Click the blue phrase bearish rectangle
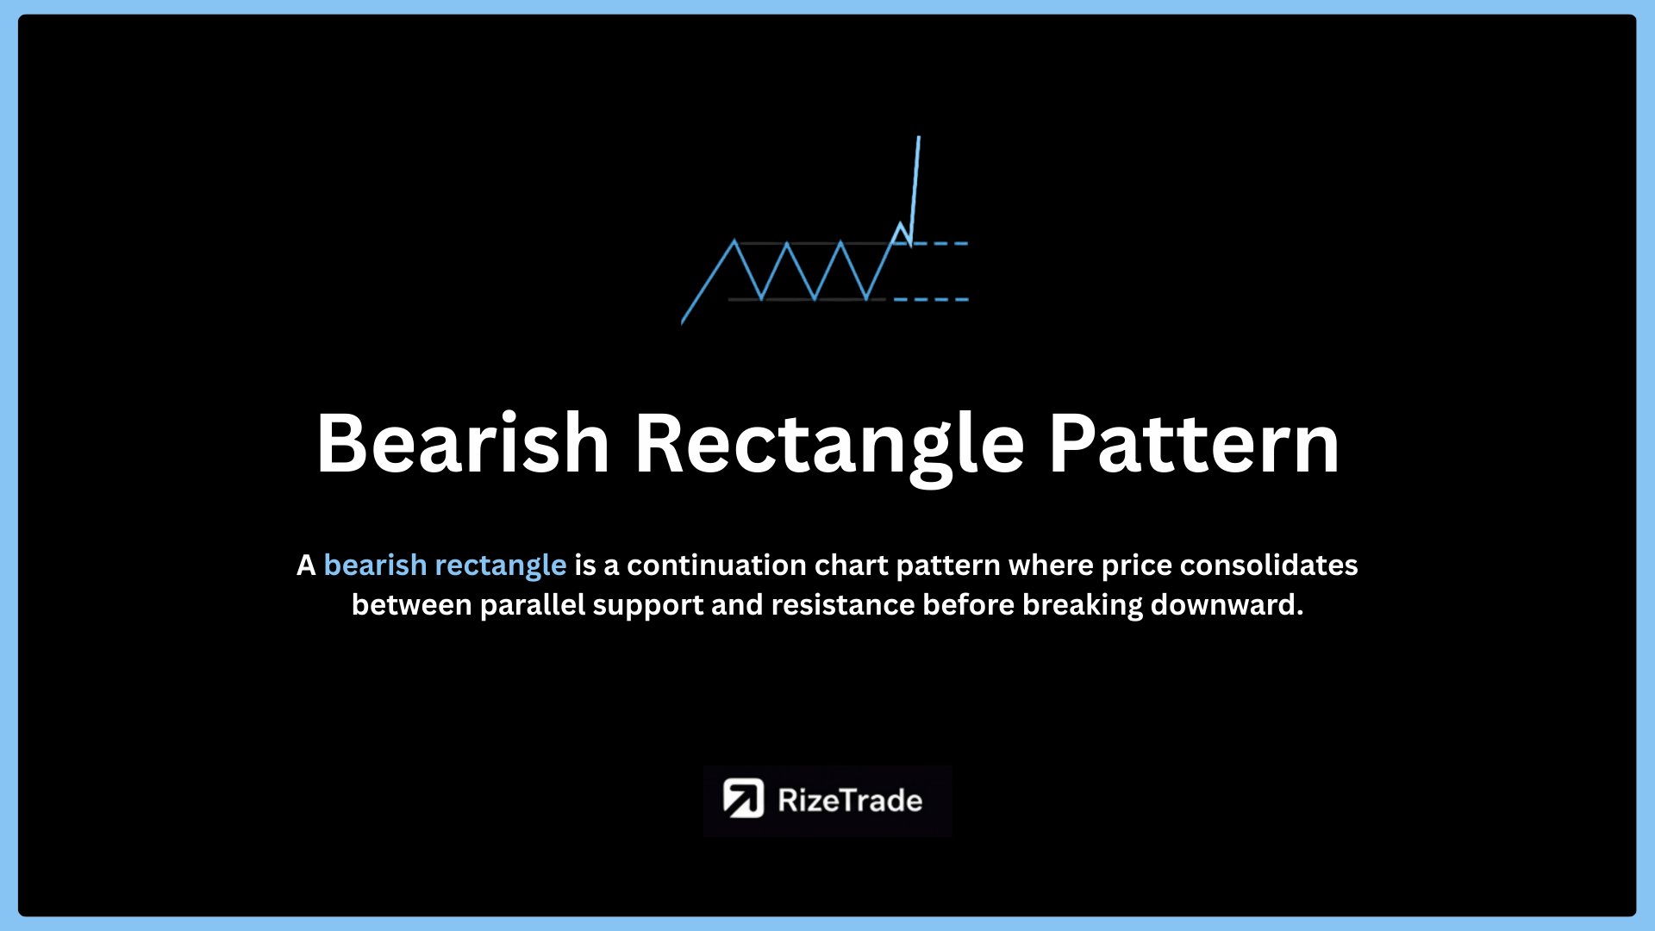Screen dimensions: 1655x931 (445, 565)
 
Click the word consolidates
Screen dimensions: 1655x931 (1269, 565)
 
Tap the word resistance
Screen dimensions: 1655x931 (842, 605)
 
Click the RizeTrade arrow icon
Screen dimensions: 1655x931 (743, 799)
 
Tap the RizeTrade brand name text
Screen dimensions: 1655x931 (850, 801)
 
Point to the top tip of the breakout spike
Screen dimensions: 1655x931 (919, 136)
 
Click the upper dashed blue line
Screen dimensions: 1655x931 (940, 244)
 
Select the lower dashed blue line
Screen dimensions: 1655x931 (932, 299)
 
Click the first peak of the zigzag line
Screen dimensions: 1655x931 (734, 241)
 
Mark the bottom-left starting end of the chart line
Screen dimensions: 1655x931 (682, 324)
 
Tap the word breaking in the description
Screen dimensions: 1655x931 (1083, 606)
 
